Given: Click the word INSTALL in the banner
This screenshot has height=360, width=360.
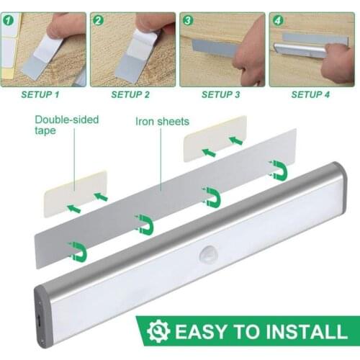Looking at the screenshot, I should click(302, 332).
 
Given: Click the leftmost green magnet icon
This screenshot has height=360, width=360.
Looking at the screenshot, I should click(78, 251).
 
